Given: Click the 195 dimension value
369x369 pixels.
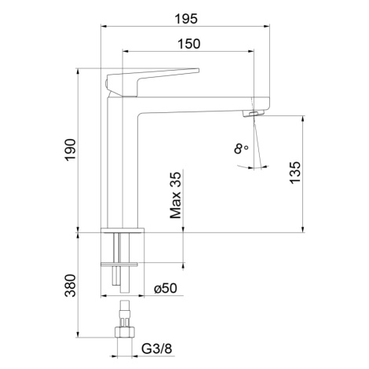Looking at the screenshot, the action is point(186,19).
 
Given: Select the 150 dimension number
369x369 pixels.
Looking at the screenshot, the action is point(189,44).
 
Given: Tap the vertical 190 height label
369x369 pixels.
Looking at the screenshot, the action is point(71,150).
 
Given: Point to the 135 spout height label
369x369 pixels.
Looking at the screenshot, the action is point(295,173).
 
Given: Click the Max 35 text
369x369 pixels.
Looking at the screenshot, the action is point(175,195).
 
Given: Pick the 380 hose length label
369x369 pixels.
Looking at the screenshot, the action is point(70,286).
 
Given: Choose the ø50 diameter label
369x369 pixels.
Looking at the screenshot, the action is point(166,288).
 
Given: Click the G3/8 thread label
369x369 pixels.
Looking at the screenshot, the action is point(157,349).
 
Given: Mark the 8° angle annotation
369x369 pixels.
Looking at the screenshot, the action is point(241,148).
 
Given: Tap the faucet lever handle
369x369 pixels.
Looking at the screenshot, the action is point(153,82).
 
